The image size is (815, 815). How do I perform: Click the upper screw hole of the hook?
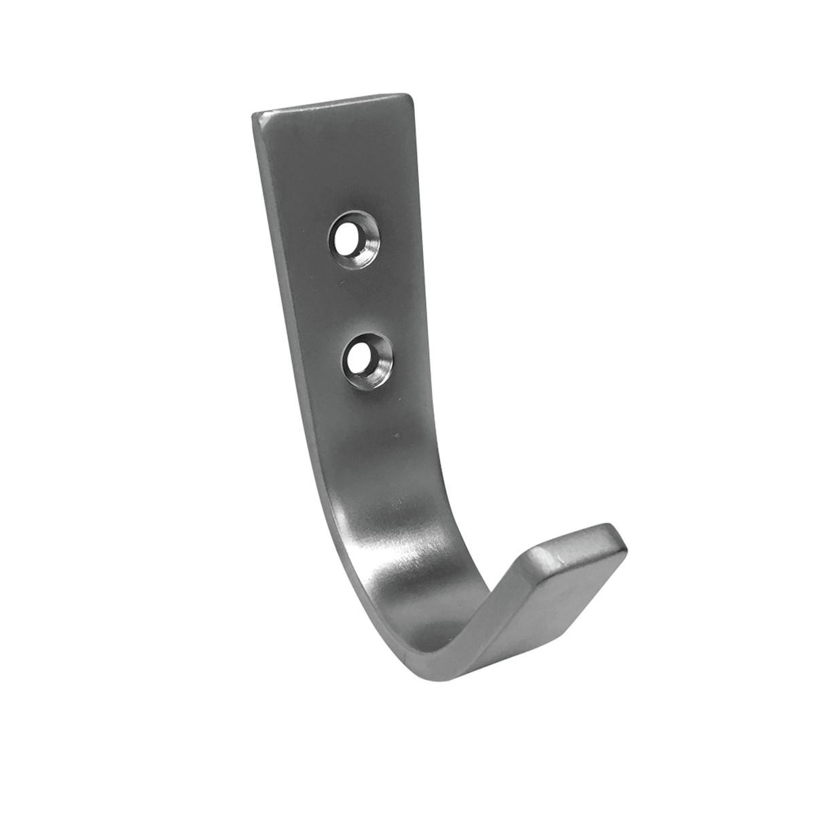[355, 240]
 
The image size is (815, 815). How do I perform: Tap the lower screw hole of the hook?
[367, 355]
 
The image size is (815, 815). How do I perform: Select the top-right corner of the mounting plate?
[411, 98]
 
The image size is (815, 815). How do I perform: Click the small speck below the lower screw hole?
[393, 433]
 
